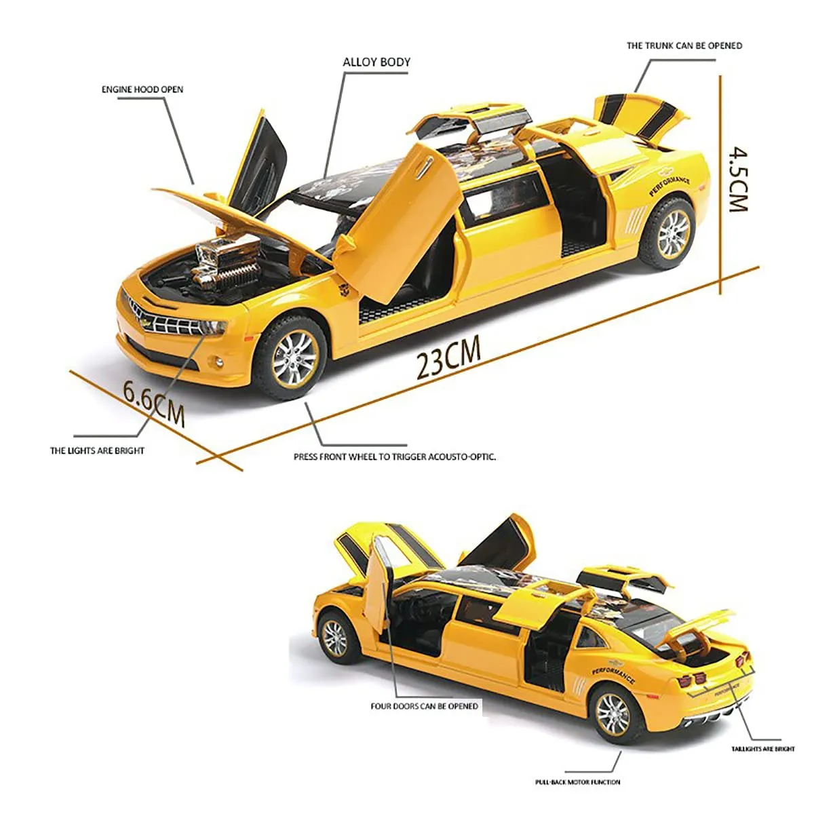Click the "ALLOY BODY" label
376,62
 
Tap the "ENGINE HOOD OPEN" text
142,90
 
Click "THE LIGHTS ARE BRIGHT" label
97,450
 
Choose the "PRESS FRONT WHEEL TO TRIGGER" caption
361,457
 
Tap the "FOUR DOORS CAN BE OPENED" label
424,706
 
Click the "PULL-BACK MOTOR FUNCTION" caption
577,782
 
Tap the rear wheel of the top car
669,233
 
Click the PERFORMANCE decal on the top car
669,186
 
